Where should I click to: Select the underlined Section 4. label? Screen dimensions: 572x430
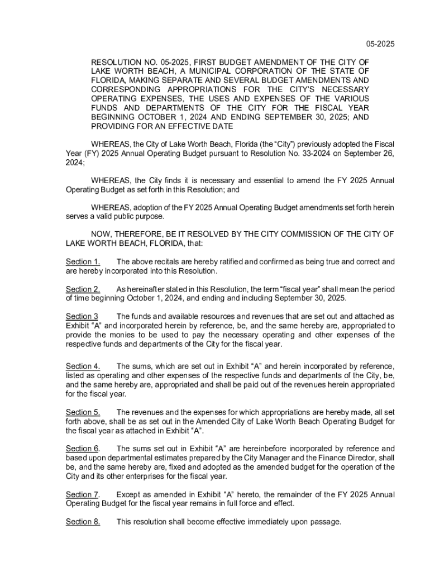(83, 366)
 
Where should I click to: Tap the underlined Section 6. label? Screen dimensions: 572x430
(83, 449)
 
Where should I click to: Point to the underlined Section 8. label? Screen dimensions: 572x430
(83, 522)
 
